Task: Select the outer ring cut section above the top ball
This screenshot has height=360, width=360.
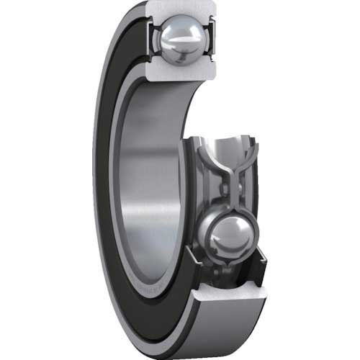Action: tap(179, 9)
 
